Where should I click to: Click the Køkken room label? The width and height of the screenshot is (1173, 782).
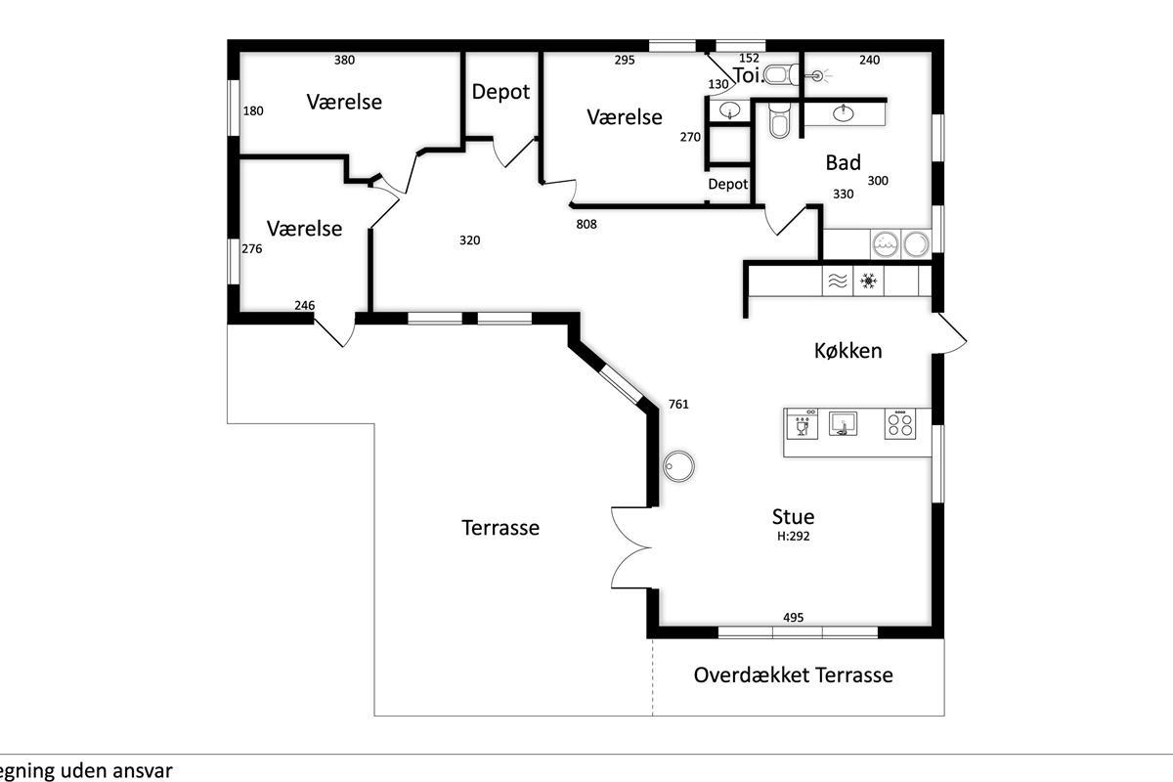click(x=847, y=350)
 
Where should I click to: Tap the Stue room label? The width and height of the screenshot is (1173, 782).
click(x=793, y=516)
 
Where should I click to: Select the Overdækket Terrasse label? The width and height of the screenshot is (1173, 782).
click(x=793, y=674)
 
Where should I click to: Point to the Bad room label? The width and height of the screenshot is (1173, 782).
click(x=843, y=162)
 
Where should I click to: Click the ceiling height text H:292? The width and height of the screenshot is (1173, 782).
click(x=793, y=536)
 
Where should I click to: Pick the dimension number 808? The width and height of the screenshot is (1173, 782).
click(x=586, y=224)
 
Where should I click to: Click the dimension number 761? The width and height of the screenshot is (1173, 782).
click(x=678, y=404)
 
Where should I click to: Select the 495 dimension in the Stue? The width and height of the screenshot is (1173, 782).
click(x=793, y=617)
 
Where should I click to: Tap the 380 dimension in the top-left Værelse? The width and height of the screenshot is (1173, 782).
click(x=344, y=60)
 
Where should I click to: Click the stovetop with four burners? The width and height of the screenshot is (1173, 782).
click(x=900, y=424)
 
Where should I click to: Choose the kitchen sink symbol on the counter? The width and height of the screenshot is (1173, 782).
click(x=843, y=423)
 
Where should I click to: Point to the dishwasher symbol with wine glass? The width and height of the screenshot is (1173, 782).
click(x=803, y=424)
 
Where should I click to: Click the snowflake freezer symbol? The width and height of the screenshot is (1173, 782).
click(x=868, y=281)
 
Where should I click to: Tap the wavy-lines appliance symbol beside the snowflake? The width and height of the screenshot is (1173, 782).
click(x=838, y=282)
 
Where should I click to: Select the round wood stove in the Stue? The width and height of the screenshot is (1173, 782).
click(x=678, y=465)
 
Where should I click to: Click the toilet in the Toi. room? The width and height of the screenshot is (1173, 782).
click(x=781, y=75)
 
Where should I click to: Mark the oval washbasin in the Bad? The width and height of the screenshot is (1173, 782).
click(x=843, y=112)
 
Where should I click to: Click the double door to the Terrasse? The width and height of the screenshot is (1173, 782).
click(x=631, y=547)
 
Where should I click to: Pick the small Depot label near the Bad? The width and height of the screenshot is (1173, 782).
click(x=728, y=184)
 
